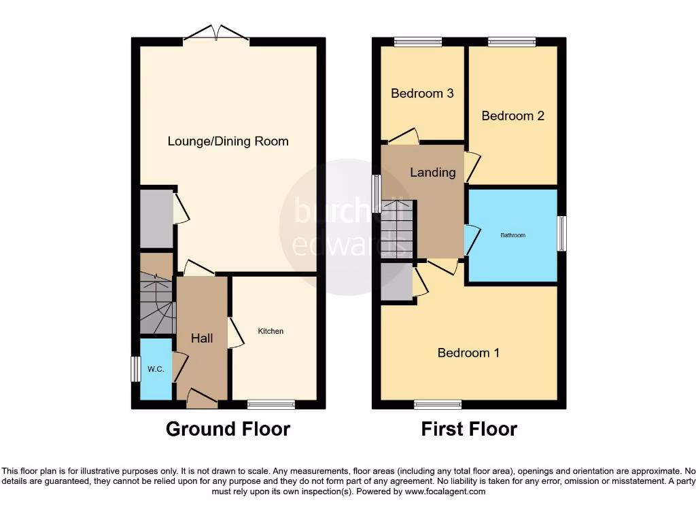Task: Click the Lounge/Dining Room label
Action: (x=228, y=141)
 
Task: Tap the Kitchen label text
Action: (x=271, y=332)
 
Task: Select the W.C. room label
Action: (x=156, y=370)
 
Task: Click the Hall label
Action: (x=201, y=338)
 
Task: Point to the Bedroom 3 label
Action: (x=422, y=93)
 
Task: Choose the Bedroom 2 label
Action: (x=512, y=116)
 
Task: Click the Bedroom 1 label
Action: (x=468, y=353)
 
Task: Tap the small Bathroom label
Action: (x=513, y=235)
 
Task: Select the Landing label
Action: (x=432, y=172)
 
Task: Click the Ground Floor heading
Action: (x=228, y=430)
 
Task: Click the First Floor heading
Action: (x=469, y=430)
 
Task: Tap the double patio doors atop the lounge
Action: (x=215, y=34)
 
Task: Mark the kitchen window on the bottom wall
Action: (x=271, y=404)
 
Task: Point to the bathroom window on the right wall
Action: (x=561, y=233)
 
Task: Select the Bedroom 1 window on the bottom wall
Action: (x=438, y=404)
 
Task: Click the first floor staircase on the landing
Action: (x=396, y=228)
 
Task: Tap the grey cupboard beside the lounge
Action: (x=156, y=218)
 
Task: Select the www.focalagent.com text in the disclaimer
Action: (x=445, y=491)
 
